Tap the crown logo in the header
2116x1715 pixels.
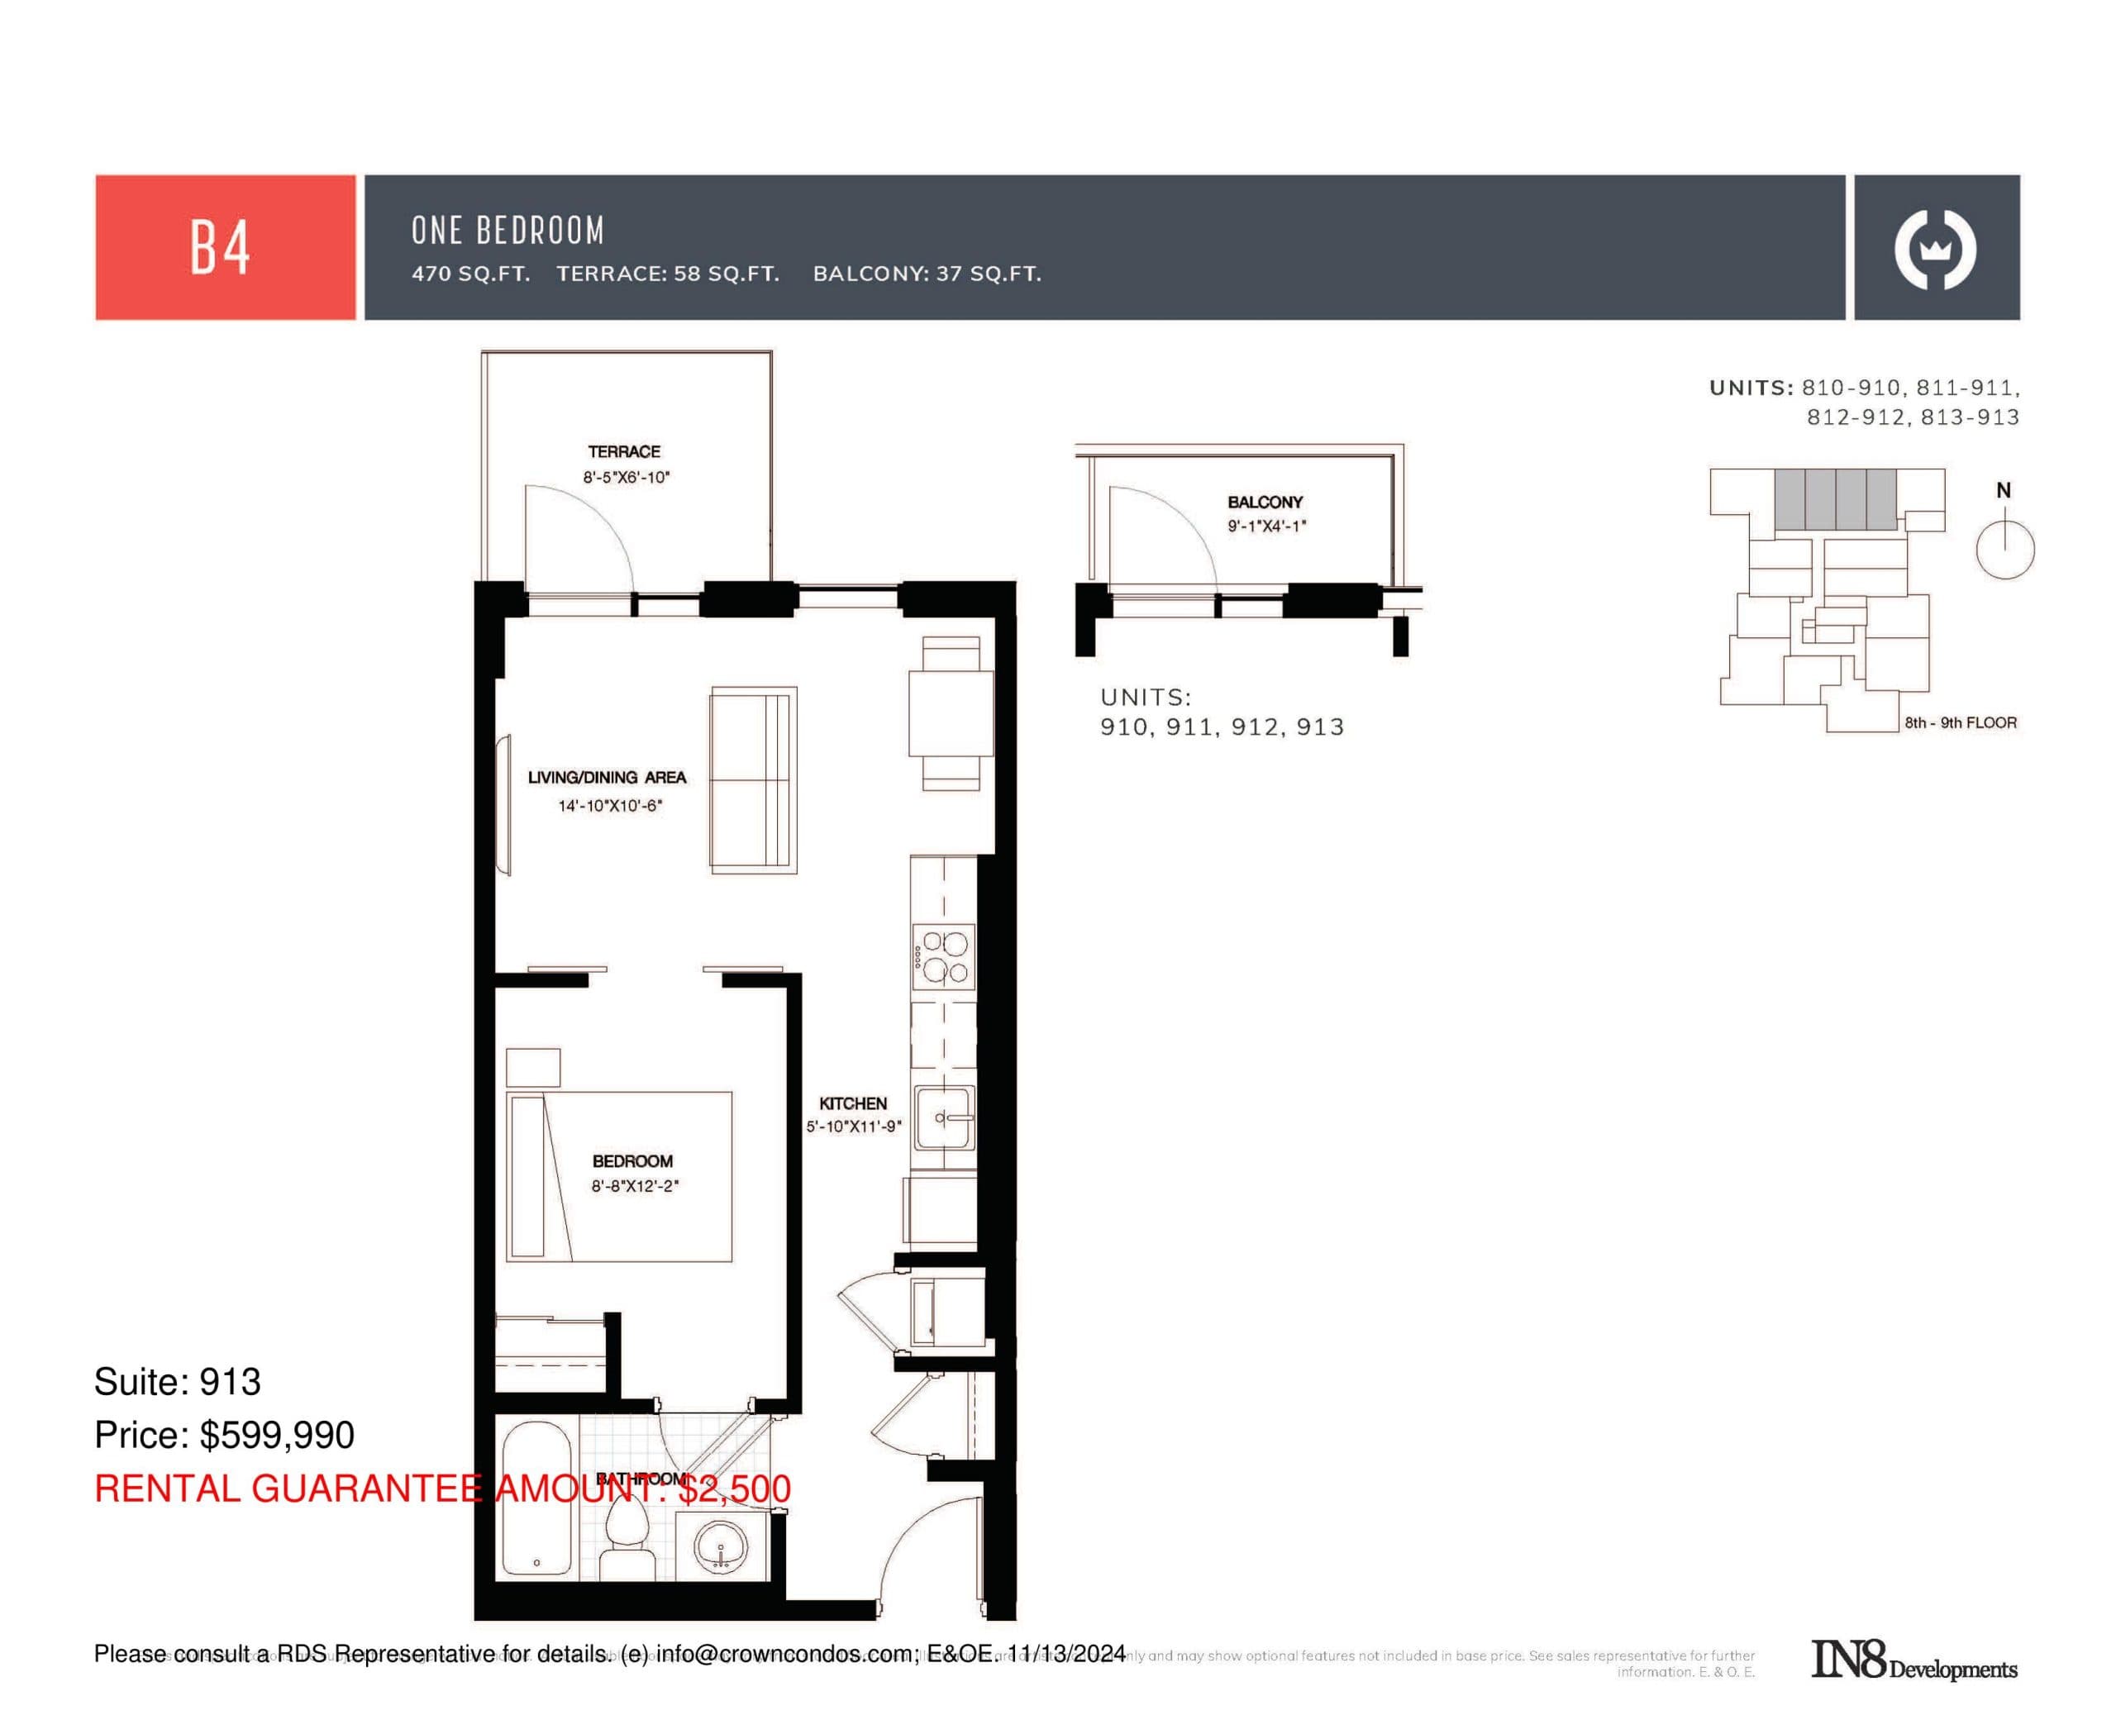coord(1934,249)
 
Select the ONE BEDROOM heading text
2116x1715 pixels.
coord(508,230)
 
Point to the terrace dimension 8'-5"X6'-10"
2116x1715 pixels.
coord(626,477)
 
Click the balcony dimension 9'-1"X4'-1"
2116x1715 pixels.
coord(1265,526)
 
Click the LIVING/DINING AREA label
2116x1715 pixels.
coord(607,778)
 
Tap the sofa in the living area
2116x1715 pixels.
coord(753,779)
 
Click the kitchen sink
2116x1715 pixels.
coord(943,1117)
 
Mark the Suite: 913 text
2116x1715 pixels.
coord(177,1382)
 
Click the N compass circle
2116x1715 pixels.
coord(2004,550)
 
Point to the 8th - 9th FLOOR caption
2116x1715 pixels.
coord(1960,722)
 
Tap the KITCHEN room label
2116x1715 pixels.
coord(852,1103)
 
